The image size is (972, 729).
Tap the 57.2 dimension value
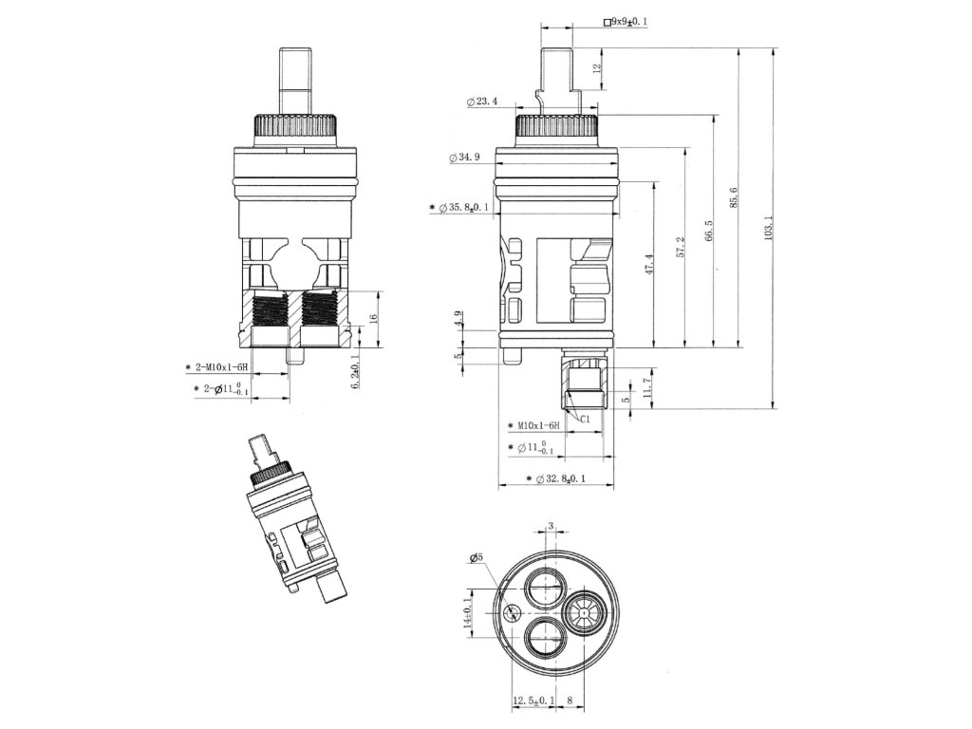click(x=680, y=249)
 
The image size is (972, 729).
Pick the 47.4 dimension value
click(x=650, y=264)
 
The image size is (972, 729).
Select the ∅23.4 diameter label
click(x=483, y=102)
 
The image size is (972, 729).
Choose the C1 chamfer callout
click(x=586, y=418)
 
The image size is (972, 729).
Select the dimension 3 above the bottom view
click(x=551, y=524)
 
